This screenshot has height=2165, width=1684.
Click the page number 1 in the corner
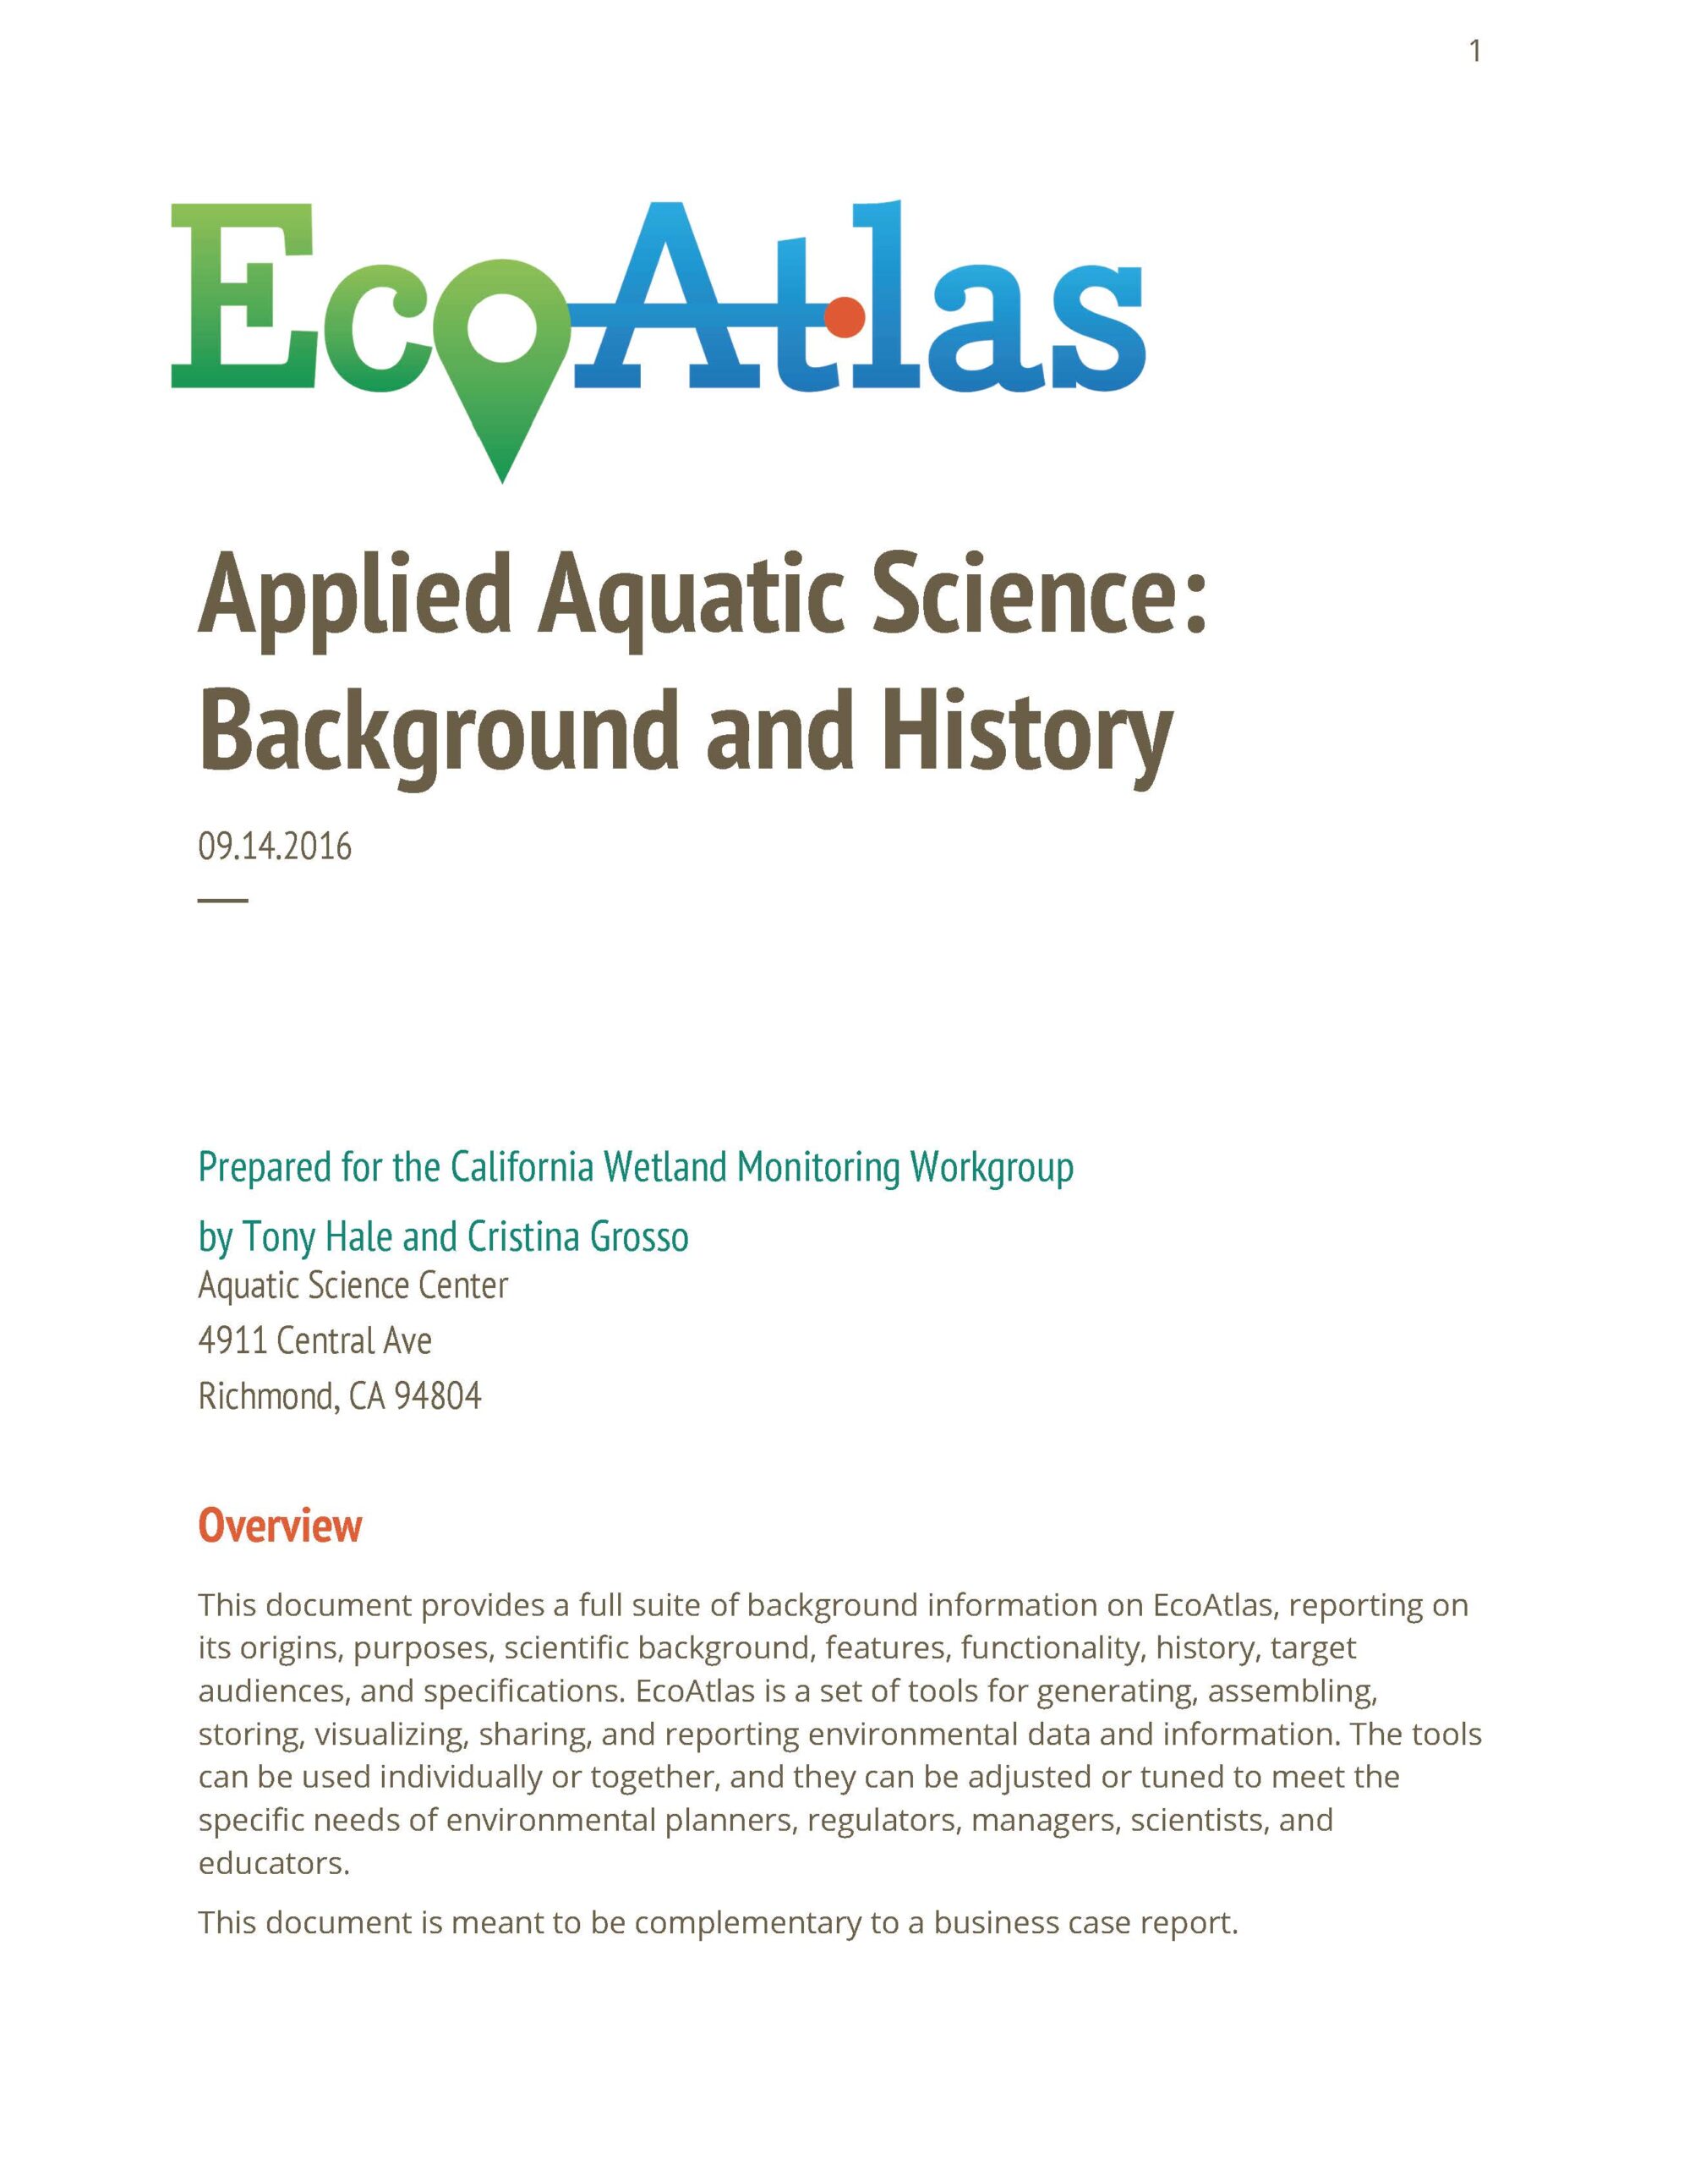[x=1475, y=51]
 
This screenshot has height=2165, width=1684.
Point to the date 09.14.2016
[x=275, y=847]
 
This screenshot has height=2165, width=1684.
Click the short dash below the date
[x=223, y=900]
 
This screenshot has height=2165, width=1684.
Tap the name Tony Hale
[x=317, y=1236]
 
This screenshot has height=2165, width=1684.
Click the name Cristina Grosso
[x=578, y=1236]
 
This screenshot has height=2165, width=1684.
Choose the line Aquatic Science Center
[x=353, y=1285]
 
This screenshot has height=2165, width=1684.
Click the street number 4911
[x=232, y=1340]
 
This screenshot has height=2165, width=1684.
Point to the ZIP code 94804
[x=438, y=1395]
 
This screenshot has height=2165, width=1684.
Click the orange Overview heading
[x=281, y=1525]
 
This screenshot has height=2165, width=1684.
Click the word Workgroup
[x=991, y=1167]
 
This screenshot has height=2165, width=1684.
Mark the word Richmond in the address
[x=266, y=1395]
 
